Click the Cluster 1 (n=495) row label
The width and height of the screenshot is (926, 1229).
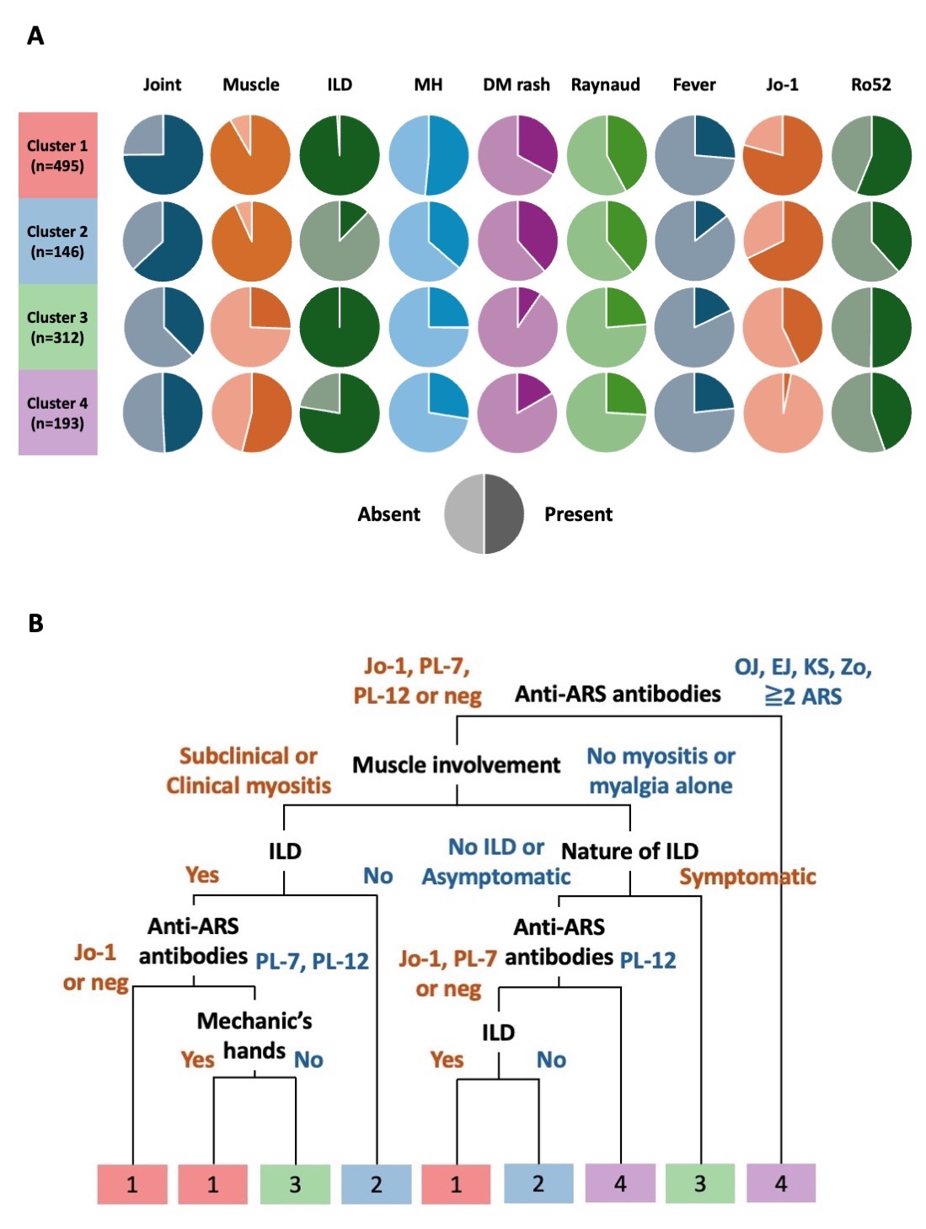[57, 155]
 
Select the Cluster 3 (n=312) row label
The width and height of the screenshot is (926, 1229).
[57, 327]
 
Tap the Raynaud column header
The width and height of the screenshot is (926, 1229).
[605, 84]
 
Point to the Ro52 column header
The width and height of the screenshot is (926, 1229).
[870, 84]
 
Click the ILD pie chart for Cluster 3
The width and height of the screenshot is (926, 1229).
[340, 327]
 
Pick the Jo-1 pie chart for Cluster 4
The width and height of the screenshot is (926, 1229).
[783, 413]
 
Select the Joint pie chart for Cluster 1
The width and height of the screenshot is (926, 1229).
[163, 155]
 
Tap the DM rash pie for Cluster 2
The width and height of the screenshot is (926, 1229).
[517, 241]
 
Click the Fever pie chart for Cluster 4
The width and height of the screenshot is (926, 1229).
[694, 413]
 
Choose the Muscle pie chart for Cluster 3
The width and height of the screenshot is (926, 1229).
[251, 327]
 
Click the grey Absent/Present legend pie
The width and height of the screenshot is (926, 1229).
[484, 514]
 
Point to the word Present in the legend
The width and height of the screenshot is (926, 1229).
[578, 514]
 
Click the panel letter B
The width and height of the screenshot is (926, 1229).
[35, 623]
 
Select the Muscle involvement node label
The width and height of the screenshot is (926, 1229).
[456, 765]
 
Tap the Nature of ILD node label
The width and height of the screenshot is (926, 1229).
[629, 851]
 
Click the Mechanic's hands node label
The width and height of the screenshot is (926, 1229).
[254, 1035]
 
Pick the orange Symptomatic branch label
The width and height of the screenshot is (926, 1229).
[747, 877]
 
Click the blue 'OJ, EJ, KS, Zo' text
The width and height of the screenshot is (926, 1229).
[803, 668]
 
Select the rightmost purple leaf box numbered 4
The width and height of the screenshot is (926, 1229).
[781, 1183]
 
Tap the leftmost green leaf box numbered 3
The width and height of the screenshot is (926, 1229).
[295, 1183]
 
